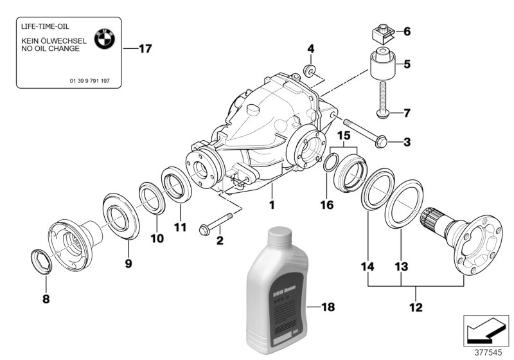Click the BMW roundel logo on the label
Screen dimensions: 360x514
[104, 39]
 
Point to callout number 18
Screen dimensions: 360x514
[328, 309]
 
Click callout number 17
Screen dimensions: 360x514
[145, 48]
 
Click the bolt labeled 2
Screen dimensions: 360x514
[213, 226]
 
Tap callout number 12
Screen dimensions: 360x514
[416, 307]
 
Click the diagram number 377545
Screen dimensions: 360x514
[487, 352]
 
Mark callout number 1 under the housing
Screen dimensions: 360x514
[272, 206]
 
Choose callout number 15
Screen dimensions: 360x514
[344, 137]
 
